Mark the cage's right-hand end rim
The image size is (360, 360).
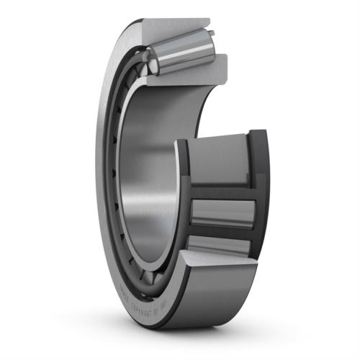pos(258,194)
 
